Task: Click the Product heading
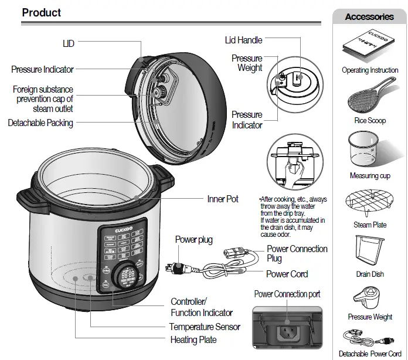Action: tap(42, 12)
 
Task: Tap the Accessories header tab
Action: tap(369, 16)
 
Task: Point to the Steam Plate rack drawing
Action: tap(370, 203)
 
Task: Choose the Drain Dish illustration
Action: tap(369, 251)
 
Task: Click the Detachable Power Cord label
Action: tap(370, 354)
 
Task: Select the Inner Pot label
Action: tap(223, 199)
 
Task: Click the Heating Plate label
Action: tap(193, 339)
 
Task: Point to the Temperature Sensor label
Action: tap(205, 327)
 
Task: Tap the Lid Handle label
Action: tap(243, 40)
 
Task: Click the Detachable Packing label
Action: tap(40, 123)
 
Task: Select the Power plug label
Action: tap(194, 239)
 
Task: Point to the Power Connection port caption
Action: tap(287, 294)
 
